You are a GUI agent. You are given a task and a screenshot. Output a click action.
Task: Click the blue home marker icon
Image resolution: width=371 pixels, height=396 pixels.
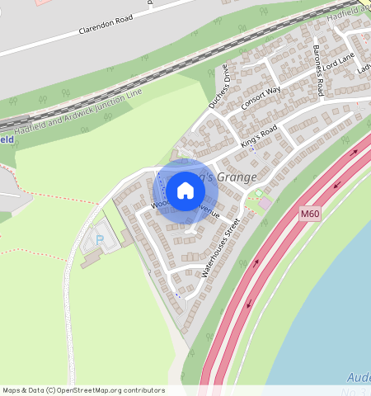[185, 191]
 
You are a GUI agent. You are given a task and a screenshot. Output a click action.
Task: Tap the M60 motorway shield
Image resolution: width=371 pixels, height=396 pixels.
[309, 214]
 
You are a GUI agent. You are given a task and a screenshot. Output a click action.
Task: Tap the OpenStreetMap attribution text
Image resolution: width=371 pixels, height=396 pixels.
[83, 390]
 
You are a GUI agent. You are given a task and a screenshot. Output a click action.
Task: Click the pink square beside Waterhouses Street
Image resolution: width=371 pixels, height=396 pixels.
[265, 203]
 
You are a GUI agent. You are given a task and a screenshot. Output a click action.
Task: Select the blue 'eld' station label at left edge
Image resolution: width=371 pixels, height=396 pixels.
[6, 139]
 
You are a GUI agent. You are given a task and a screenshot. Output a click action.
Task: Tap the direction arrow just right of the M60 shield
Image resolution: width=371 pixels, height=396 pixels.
[328, 208]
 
